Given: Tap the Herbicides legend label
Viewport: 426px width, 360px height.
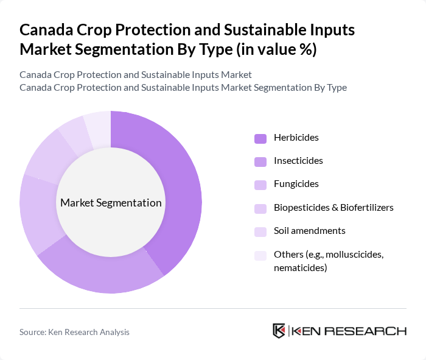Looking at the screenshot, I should click(296, 138).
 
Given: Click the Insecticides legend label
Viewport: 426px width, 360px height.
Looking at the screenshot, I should click(298, 161).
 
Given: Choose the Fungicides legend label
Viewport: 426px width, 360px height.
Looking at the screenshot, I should click(296, 184).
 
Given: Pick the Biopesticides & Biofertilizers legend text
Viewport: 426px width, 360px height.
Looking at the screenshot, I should click(333, 208).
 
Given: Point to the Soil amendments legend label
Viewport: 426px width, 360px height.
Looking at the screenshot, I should click(309, 231).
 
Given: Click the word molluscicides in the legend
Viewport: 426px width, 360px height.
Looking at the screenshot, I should click(352, 254).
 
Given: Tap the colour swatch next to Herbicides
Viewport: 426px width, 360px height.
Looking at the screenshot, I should click(260, 138).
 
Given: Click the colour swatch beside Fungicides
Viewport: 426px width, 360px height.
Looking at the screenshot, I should click(260, 185).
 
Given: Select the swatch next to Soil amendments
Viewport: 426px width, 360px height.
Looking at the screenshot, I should click(260, 231).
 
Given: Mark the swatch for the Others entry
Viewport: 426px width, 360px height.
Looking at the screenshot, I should click(260, 255).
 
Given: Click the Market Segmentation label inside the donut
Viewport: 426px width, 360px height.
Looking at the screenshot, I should click(111, 203).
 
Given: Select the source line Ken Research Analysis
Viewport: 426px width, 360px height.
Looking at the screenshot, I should click(74, 332).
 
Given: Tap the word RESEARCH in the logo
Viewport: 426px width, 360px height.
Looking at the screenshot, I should click(371, 331).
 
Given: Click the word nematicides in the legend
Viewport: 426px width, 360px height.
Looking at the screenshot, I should click(298, 267).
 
